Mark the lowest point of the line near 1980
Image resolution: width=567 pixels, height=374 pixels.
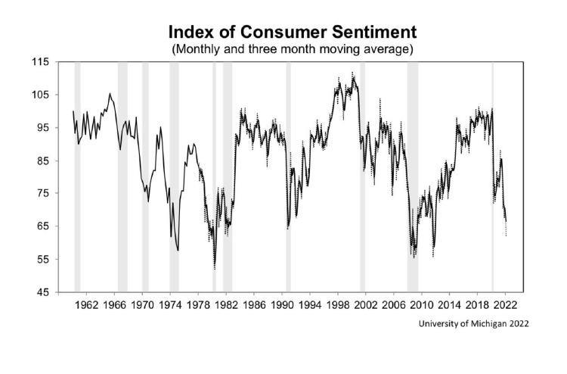pyautogui.click(x=215, y=267)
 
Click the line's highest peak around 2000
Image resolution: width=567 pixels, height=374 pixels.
pyautogui.click(x=352, y=73)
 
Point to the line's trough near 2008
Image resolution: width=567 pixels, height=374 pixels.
pyautogui.click(x=414, y=257)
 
